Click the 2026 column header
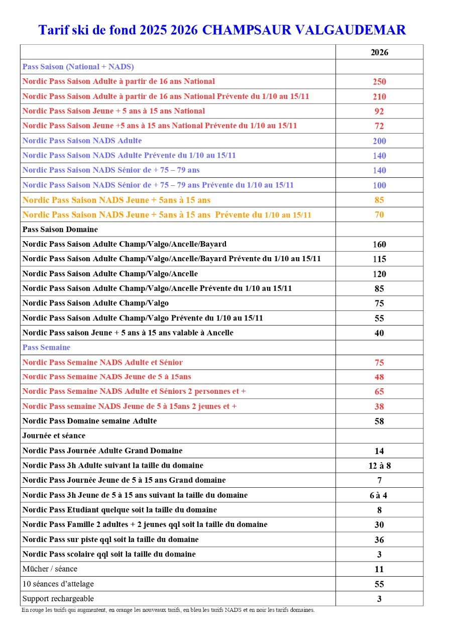pyautogui.click(x=379, y=52)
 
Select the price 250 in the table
pyautogui.click(x=379, y=82)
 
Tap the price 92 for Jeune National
pyautogui.click(x=379, y=112)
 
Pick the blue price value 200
pyautogui.click(x=379, y=141)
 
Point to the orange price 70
pyautogui.click(x=379, y=215)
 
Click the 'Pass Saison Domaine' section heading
pyautogui.click(x=60, y=230)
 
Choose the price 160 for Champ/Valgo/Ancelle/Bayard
pyautogui.click(x=379, y=245)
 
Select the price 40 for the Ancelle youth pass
pyautogui.click(x=379, y=333)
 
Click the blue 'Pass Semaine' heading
pyautogui.click(x=46, y=348)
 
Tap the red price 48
pyautogui.click(x=379, y=377)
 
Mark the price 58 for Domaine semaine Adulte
pyautogui.click(x=379, y=421)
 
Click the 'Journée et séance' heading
pyautogui.click(x=54, y=436)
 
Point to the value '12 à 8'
pyautogui.click(x=379, y=466)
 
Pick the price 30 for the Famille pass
pyautogui.click(x=379, y=525)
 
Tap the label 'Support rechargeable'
pyautogui.click(x=58, y=599)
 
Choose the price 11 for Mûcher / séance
pyautogui.click(x=379, y=569)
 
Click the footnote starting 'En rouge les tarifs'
pyautogui.click(x=168, y=610)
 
